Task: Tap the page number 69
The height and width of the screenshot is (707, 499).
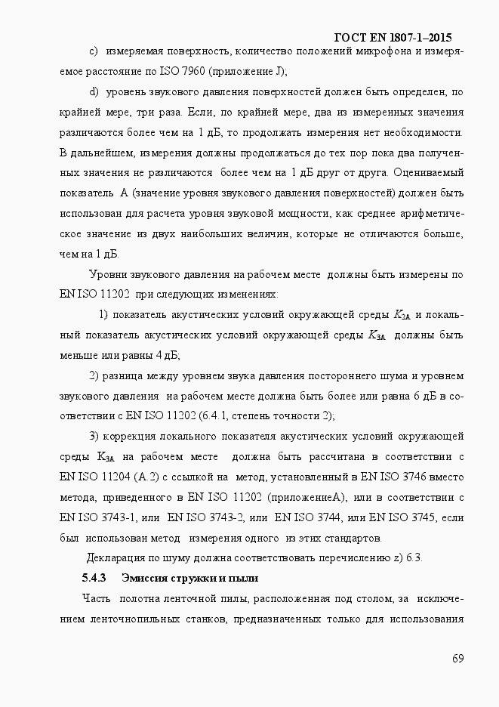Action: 457,659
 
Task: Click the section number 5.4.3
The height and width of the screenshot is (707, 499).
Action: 94,579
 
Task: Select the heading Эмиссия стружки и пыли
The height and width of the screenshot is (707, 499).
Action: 190,579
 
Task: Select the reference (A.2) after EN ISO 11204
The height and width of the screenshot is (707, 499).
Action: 145,477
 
